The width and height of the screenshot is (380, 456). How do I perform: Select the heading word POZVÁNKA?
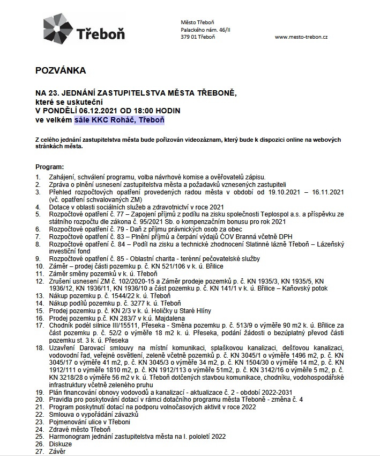tap(61, 70)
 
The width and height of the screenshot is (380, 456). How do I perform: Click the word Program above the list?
tap(49, 168)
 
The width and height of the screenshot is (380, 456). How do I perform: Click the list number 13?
tap(39, 295)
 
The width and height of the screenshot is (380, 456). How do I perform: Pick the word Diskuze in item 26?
tap(60, 444)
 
